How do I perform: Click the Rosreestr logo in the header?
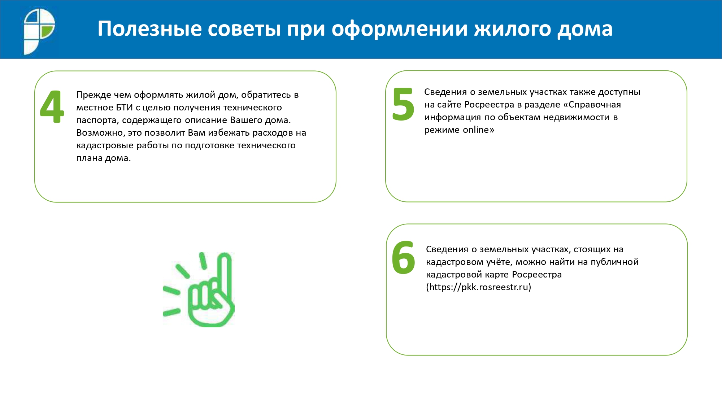tap(39, 31)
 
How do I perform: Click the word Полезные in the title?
tap(150, 29)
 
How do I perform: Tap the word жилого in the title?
tap(513, 29)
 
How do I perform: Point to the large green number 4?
tap(52, 106)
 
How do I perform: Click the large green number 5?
tap(403, 104)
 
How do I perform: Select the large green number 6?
tap(404, 257)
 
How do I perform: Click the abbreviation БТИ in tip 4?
tap(125, 108)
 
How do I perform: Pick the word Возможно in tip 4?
tap(100, 133)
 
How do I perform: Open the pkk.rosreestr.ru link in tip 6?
tap(479, 287)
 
